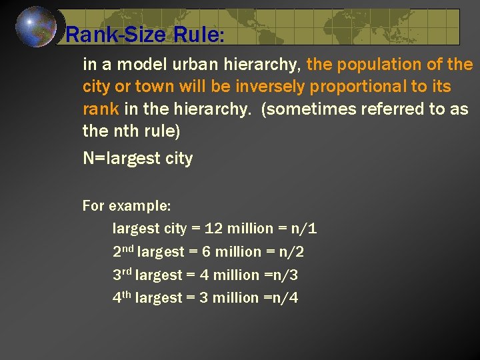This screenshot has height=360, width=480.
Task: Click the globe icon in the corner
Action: point(36,27)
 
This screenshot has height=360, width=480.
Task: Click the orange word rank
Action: point(101,109)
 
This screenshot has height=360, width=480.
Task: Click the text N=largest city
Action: point(137,159)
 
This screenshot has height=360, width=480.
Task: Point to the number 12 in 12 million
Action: point(214,229)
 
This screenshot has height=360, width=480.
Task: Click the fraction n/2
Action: point(292,251)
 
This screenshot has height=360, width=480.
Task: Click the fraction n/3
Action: point(285,275)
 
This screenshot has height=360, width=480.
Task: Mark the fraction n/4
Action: point(285,297)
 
